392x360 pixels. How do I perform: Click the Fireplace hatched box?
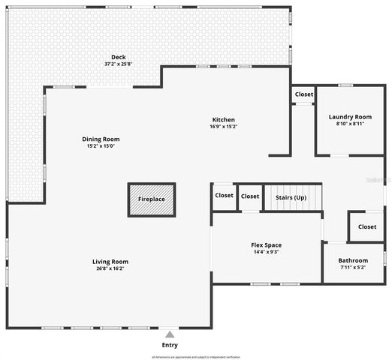coord(152,200)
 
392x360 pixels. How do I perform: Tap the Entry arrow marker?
coord(170,334)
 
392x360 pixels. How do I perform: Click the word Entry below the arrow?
coord(170,345)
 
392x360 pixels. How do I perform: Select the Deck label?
coord(119,57)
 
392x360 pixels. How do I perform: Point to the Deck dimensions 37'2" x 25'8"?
coord(119,64)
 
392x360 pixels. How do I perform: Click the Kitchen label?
coord(223,120)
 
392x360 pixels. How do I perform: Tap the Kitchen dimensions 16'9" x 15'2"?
coord(223,127)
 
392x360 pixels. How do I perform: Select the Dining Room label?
coord(101,139)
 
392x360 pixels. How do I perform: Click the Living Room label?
coord(110,262)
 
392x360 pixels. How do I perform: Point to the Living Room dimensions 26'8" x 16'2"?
coord(110,268)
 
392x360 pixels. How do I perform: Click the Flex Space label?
coord(266,245)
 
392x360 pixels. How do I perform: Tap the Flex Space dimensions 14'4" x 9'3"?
coord(266,252)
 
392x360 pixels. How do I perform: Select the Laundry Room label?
coord(350,117)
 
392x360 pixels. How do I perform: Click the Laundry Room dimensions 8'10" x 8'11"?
coord(350,124)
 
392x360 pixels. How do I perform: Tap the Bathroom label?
coord(354,260)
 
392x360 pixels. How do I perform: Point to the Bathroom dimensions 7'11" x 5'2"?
coord(354,267)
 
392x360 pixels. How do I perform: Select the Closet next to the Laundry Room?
coord(304,94)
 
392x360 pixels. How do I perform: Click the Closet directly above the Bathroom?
coord(367,226)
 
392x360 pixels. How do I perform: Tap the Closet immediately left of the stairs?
coord(250,196)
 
